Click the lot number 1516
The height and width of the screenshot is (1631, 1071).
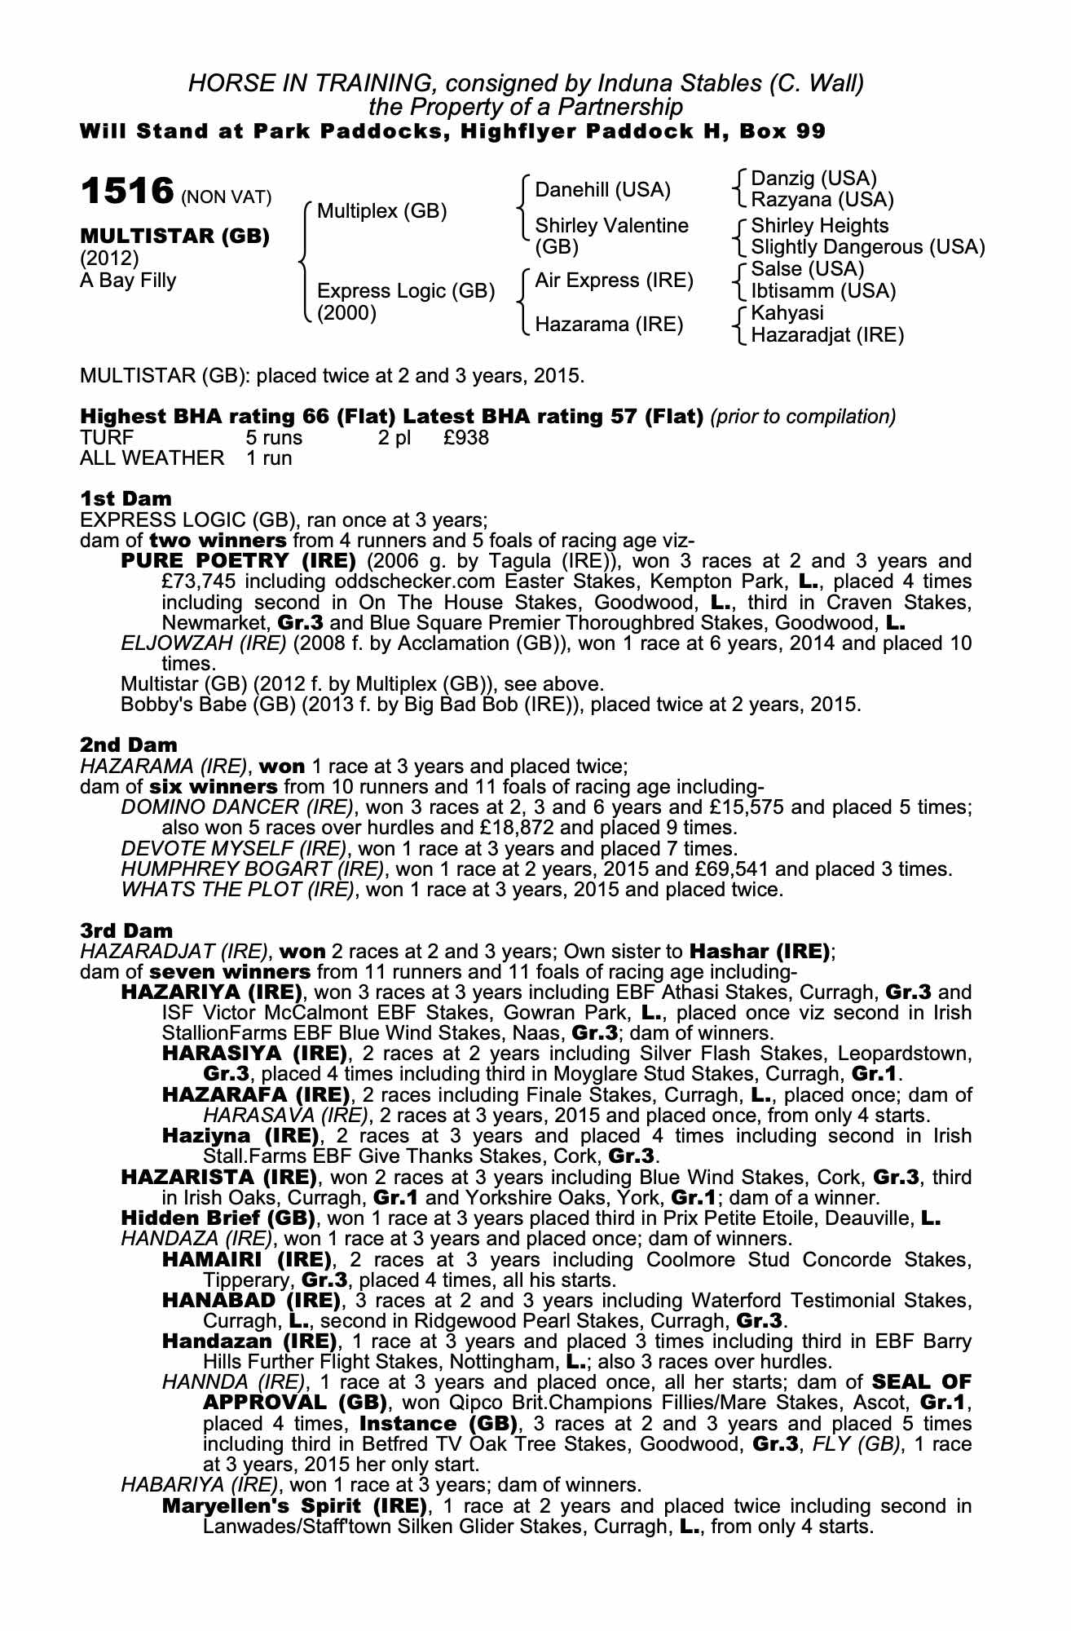click(x=126, y=192)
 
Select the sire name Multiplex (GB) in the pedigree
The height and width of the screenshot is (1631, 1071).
click(x=381, y=211)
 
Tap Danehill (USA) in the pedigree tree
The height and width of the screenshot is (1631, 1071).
click(x=602, y=190)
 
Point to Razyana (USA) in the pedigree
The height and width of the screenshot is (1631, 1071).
click(x=822, y=200)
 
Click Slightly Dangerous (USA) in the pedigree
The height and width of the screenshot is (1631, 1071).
click(x=867, y=247)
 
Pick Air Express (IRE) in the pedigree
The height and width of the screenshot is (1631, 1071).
click(x=614, y=281)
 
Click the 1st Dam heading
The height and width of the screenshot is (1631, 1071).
click(x=126, y=498)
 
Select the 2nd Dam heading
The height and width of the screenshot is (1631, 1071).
click(x=128, y=745)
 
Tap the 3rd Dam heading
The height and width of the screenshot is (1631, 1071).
click(x=126, y=930)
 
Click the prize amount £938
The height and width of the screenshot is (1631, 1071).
click(x=466, y=438)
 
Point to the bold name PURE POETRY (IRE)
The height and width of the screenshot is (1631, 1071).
click(x=238, y=561)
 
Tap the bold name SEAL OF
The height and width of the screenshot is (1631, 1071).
click(x=921, y=1382)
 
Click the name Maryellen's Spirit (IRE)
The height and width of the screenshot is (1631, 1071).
click(x=294, y=1505)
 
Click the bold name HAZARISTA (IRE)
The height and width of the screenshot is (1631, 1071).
click(x=218, y=1178)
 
